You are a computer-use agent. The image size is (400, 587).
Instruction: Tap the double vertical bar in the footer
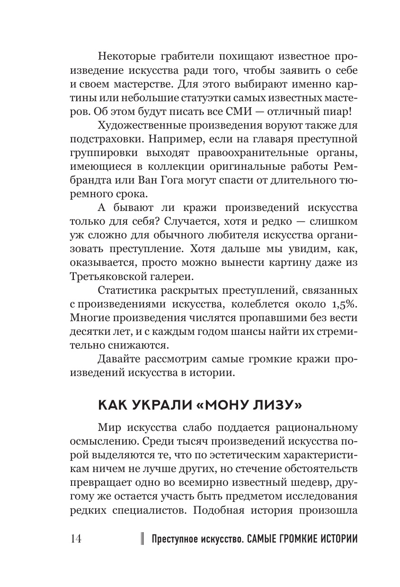142,540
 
